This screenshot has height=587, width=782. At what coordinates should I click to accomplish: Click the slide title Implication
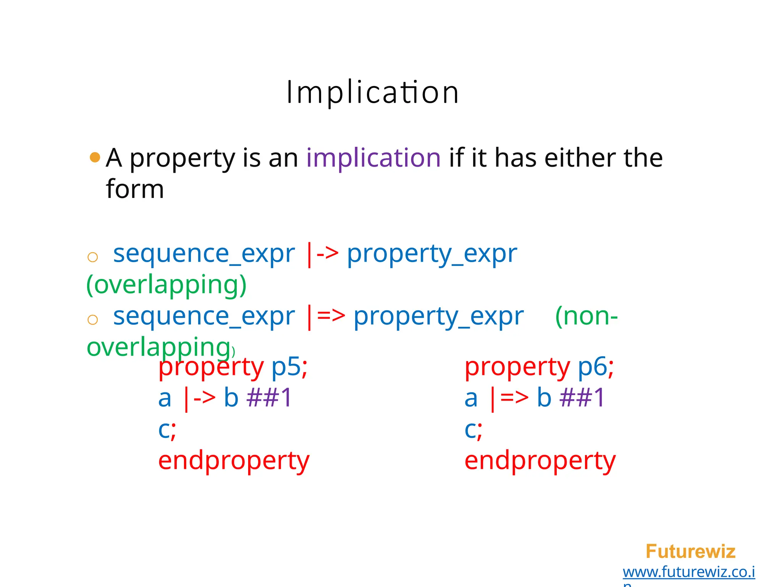point(373,92)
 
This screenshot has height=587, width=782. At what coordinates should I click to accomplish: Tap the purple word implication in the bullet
point(373,158)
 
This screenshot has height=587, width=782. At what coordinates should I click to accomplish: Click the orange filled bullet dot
point(95,157)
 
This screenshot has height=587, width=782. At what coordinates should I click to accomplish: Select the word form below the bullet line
point(135,189)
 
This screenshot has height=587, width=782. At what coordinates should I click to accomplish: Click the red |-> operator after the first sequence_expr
point(322,254)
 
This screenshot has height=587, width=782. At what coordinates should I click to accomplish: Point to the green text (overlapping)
point(166,285)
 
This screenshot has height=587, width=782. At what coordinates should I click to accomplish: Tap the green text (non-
point(586,316)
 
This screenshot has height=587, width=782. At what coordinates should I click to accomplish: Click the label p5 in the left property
point(286,367)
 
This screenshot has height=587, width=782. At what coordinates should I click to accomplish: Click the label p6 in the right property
point(592,367)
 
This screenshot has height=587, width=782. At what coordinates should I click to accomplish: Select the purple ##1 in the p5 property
point(269,398)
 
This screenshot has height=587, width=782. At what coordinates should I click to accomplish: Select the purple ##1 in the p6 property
point(582,398)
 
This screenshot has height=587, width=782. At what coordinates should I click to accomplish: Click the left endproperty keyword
point(234,461)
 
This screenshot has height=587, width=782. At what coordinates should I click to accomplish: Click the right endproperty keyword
point(540,461)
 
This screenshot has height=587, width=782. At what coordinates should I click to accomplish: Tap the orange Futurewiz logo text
point(690,551)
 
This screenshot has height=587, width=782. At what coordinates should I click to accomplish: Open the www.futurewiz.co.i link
point(688,572)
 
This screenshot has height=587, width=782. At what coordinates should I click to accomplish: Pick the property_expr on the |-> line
point(431,254)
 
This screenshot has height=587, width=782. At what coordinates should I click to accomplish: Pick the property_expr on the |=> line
point(438,316)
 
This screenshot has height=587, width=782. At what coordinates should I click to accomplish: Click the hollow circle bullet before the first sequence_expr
point(92,257)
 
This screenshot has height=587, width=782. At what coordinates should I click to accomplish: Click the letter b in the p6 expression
point(544,398)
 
